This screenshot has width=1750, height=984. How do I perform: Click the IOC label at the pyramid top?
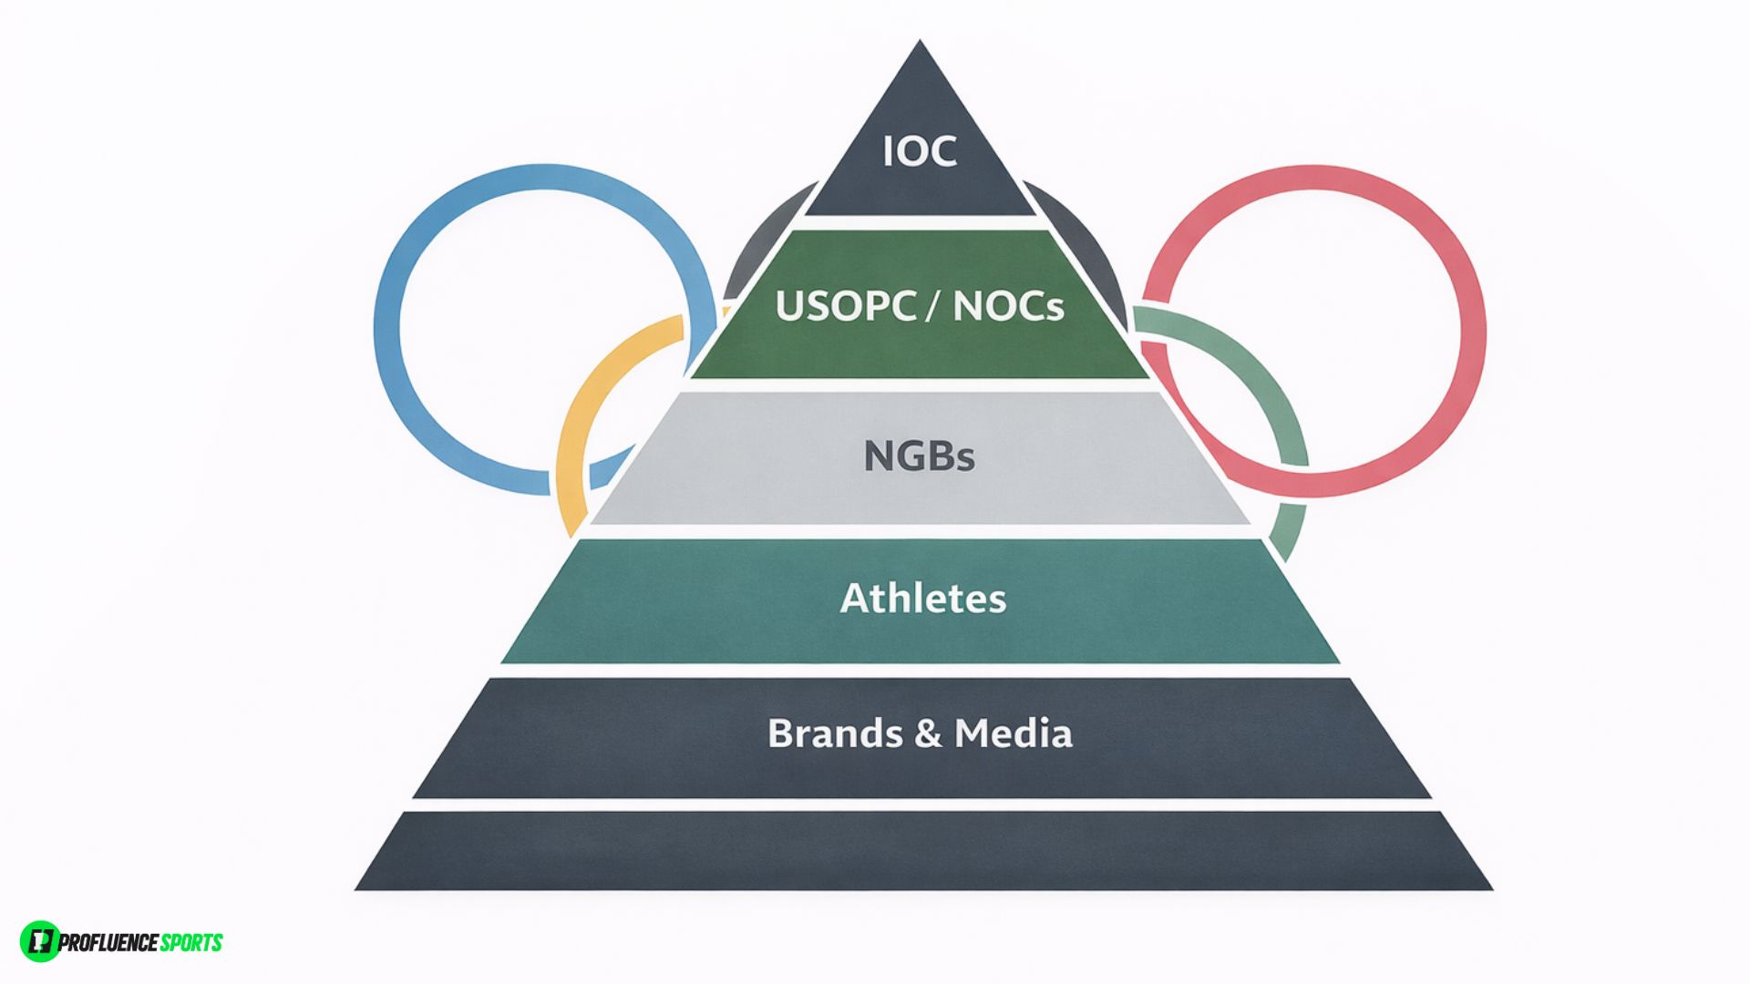[x=920, y=151]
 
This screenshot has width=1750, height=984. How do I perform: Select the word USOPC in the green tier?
[x=845, y=306]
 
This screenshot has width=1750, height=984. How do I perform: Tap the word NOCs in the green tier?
[x=1008, y=306]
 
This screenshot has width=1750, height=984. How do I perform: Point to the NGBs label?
[x=919, y=456]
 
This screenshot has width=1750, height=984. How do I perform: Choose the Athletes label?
[x=922, y=599]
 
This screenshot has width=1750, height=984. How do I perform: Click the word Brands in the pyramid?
[x=834, y=733]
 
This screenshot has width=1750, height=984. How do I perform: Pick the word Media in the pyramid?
[x=1013, y=733]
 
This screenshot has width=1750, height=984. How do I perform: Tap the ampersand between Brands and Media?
[x=927, y=734]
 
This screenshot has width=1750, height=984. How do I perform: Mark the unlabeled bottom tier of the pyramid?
[x=922, y=852]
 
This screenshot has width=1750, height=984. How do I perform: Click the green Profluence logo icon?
[x=39, y=941]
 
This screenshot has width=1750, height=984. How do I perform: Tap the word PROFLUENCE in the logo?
[x=108, y=942]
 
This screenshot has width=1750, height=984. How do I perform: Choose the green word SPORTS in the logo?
[x=190, y=942]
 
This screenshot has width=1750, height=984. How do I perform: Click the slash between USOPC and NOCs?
[x=931, y=306]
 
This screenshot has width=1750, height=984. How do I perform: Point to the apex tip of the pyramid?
[x=920, y=46]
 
